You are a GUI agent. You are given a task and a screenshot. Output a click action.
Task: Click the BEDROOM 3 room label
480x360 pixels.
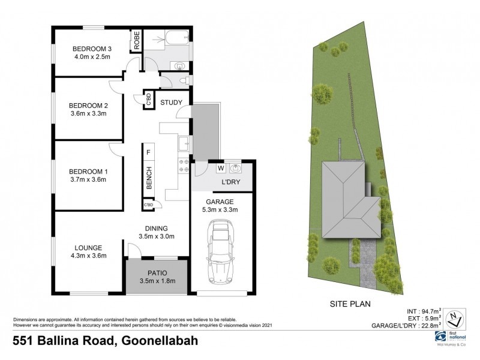[92, 49]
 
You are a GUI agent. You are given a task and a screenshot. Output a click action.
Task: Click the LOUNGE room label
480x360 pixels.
[88, 247]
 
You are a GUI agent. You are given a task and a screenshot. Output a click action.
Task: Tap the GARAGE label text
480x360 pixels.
[220, 202]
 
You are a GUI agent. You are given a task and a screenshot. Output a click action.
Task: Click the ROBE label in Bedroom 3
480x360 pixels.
[137, 41]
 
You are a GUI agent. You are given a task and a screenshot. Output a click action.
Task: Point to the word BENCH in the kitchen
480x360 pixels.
[148, 177]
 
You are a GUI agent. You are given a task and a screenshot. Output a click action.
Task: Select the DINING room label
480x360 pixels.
[155, 228]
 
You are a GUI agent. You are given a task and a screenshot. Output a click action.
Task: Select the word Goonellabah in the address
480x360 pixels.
[159, 340]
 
